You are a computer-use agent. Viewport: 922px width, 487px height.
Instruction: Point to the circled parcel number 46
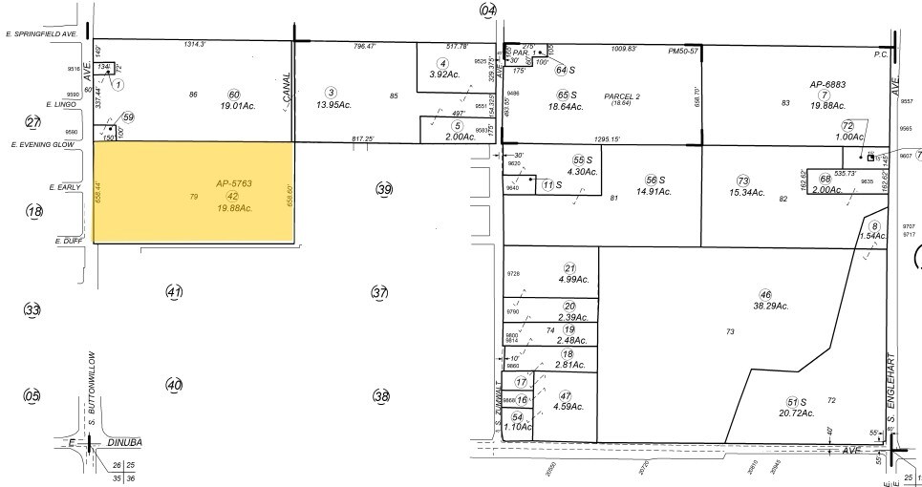pyautogui.click(x=764, y=293)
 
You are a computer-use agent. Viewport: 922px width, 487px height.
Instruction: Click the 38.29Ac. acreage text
pyautogui.click(x=769, y=306)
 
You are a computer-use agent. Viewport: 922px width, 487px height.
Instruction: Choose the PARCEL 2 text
pyautogui.click(x=622, y=95)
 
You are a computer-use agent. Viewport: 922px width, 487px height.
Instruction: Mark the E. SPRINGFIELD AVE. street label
pyautogui.click(x=41, y=34)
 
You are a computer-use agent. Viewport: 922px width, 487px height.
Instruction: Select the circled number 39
pyautogui.click(x=384, y=188)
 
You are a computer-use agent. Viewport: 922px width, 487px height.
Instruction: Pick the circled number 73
pyautogui.click(x=743, y=180)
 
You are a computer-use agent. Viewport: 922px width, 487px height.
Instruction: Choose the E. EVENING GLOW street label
pyautogui.click(x=42, y=143)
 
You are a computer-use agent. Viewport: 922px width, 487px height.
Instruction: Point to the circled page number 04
pyautogui.click(x=489, y=10)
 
